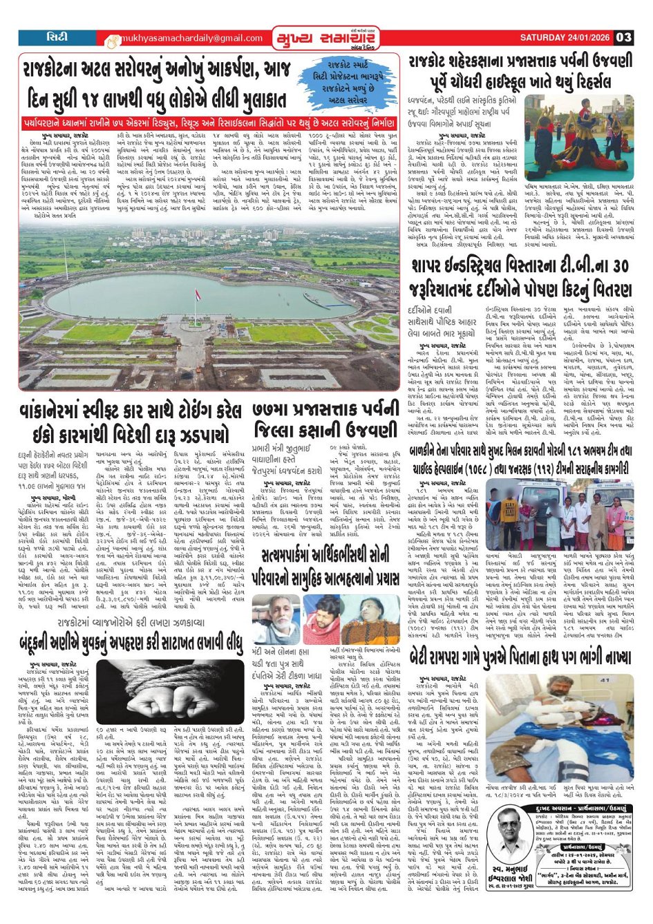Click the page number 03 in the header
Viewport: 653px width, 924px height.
point(624,37)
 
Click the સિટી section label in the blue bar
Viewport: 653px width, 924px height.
point(57,37)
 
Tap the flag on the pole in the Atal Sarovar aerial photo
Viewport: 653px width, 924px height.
point(200,277)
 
